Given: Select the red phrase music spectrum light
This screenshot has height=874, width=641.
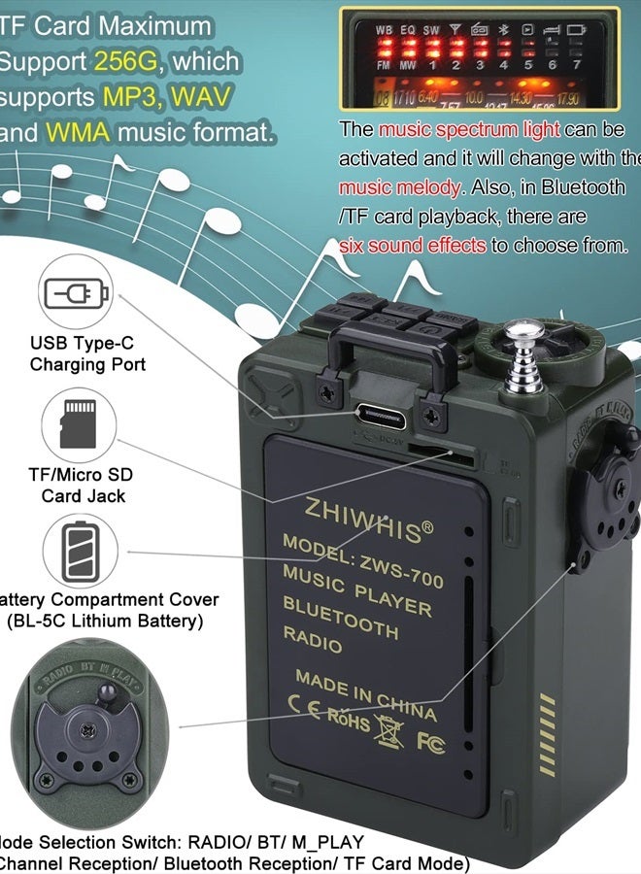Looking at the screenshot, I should point(469,129).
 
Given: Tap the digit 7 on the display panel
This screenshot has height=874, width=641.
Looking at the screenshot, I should point(577,65).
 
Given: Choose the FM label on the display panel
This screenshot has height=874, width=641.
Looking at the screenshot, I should point(384,65).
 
